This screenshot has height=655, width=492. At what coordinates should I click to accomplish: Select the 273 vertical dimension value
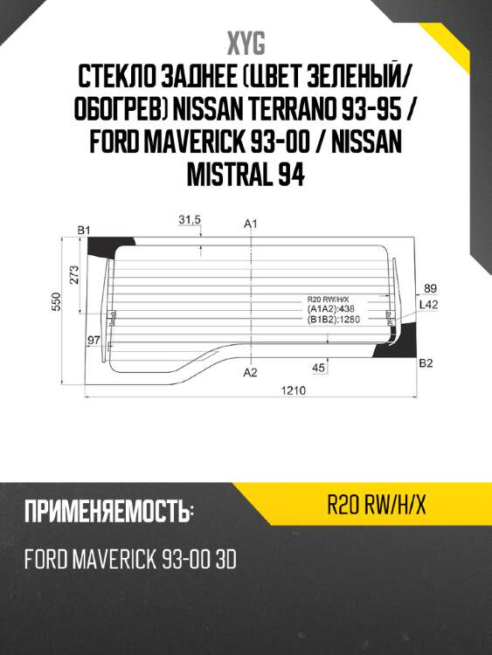(x=74, y=274)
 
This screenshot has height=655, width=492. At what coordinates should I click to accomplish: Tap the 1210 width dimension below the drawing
(x=293, y=391)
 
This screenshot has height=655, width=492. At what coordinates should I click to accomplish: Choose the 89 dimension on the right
(x=429, y=288)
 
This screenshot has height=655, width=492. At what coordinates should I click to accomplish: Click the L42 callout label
(x=428, y=305)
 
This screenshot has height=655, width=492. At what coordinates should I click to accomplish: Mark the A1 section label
(x=251, y=225)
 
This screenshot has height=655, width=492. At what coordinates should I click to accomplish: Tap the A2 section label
(x=251, y=373)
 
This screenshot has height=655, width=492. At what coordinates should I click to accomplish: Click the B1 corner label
(x=84, y=230)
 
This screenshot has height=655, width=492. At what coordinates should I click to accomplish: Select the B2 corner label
(x=426, y=363)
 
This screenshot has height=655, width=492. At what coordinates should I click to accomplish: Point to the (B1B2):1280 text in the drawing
(x=333, y=319)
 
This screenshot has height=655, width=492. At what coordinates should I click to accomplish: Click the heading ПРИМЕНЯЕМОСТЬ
(x=107, y=512)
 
